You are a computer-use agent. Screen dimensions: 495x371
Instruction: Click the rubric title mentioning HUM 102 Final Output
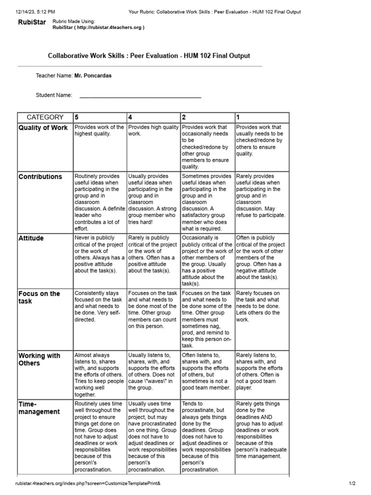click(x=149, y=56)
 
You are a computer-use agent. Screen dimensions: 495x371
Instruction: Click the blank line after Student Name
click(x=140, y=96)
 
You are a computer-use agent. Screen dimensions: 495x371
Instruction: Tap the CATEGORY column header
click(x=45, y=117)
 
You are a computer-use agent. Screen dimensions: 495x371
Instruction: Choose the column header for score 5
click(x=76, y=117)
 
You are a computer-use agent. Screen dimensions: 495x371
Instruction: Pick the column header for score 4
click(x=130, y=117)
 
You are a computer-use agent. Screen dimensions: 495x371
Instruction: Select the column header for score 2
click(x=184, y=117)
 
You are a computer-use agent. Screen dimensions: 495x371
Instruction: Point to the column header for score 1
click(x=238, y=117)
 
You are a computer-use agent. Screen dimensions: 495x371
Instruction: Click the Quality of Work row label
click(x=43, y=128)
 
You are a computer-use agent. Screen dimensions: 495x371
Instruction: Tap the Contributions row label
click(x=40, y=177)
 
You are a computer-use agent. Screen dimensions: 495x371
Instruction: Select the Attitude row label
click(x=31, y=239)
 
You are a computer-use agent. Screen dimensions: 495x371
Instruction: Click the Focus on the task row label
click(x=39, y=297)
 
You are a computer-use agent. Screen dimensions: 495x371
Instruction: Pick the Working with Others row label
click(x=39, y=359)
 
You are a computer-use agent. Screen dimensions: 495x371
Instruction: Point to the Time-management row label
click(x=39, y=408)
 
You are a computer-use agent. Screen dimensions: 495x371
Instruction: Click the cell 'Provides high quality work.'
click(x=153, y=131)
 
